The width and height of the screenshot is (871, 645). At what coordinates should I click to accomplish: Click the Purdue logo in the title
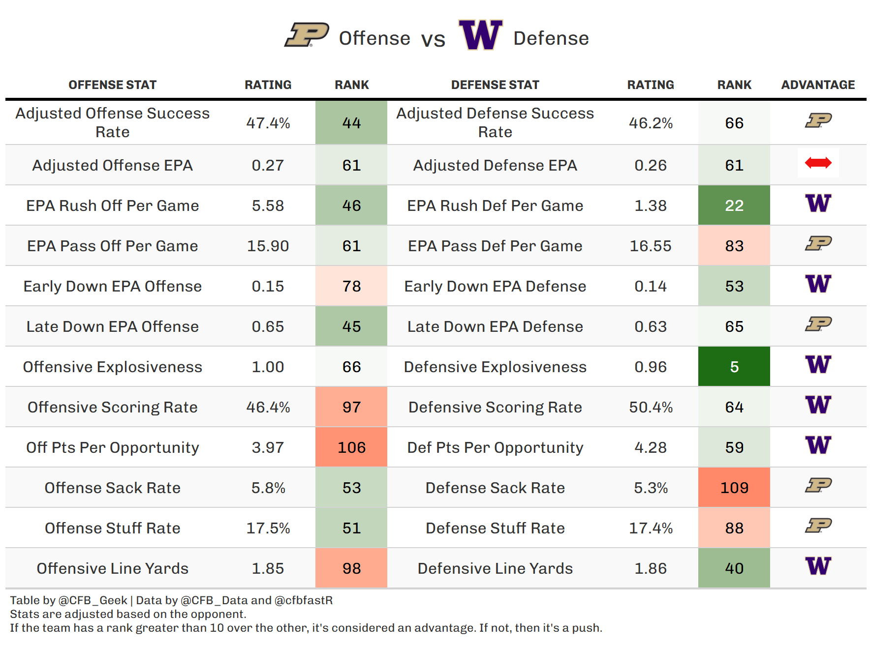point(307,35)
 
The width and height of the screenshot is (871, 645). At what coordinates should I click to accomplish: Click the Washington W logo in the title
point(480,35)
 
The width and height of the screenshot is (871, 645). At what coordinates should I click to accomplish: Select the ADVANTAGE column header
point(818,85)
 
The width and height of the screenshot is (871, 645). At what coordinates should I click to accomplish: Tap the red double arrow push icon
point(818,163)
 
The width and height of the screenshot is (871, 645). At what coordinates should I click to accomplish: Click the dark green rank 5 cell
point(734,367)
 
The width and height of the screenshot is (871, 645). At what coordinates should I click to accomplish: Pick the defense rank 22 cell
point(734,205)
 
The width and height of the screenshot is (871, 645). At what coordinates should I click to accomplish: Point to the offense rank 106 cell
point(351,447)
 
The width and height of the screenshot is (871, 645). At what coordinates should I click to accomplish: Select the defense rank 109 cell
point(734,488)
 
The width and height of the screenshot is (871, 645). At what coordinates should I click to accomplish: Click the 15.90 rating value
point(268,246)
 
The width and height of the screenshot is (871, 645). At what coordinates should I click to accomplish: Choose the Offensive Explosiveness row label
point(112,367)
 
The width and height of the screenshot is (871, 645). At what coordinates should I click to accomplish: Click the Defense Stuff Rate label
point(495,528)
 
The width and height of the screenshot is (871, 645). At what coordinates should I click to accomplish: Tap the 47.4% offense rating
point(268,123)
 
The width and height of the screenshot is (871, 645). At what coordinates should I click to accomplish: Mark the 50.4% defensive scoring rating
point(651,407)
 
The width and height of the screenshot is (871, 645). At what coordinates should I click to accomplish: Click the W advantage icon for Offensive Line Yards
point(818,566)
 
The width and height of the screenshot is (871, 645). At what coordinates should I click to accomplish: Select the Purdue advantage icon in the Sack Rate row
point(818,486)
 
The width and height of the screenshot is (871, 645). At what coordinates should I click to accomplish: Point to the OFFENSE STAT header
point(112,85)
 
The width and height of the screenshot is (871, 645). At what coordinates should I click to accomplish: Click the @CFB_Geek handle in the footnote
point(93,601)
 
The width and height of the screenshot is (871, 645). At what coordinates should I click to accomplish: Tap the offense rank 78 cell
point(351,286)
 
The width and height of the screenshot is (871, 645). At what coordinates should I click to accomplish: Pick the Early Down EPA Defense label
point(495,286)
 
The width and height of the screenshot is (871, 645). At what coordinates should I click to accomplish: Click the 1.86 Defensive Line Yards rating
point(651,568)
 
